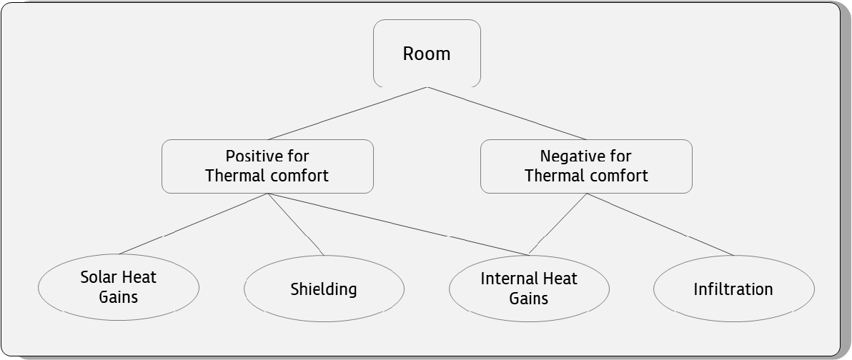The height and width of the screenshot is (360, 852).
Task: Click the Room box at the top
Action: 427,53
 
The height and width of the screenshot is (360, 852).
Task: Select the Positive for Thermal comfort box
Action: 267,166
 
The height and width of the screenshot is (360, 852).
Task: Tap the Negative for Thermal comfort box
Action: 586,166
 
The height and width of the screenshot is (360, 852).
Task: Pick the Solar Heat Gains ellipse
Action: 119,287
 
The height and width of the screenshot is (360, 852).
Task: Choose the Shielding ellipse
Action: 324,289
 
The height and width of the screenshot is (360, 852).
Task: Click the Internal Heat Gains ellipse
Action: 529,289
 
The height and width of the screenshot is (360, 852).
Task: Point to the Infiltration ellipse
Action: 733,289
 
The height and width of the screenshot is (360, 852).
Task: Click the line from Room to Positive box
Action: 347,114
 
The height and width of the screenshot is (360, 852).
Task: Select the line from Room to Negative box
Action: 507,114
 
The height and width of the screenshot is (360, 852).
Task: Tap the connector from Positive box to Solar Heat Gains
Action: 193,224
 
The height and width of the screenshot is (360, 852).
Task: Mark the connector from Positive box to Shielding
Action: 296,224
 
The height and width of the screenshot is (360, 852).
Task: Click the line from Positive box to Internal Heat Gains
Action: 397,224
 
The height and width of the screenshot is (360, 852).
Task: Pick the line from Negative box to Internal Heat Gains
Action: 558,224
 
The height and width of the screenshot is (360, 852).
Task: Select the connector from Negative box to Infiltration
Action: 660,224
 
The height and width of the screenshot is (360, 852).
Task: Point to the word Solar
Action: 98,277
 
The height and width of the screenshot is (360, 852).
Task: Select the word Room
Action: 427,54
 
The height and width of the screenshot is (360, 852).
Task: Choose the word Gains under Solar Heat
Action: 119,297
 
